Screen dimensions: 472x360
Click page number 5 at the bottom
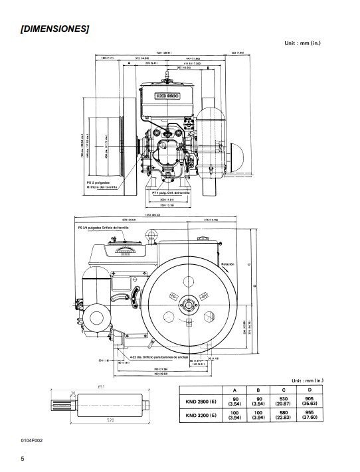point(22,459)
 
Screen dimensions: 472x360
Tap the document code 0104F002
point(32,440)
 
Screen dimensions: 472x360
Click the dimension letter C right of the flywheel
point(248,263)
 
